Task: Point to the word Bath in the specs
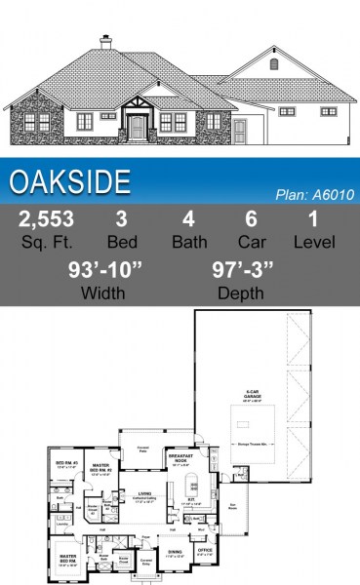point(189,241)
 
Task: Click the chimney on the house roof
point(105,43)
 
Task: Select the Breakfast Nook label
point(182,457)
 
